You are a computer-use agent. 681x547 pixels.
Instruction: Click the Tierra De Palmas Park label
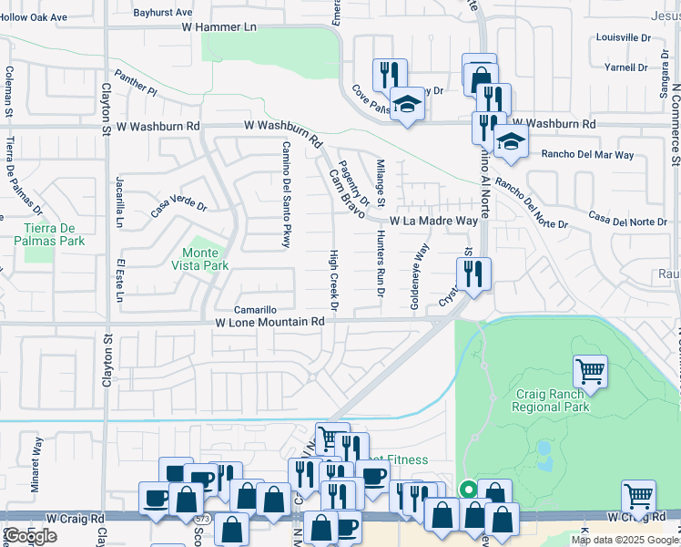click(x=49, y=234)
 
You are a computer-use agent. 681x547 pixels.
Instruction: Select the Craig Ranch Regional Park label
click(x=552, y=399)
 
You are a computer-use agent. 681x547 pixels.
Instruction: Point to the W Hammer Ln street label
click(x=220, y=27)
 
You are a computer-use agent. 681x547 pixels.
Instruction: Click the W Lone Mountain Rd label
click(x=269, y=322)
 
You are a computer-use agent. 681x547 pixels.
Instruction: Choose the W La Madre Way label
click(x=434, y=222)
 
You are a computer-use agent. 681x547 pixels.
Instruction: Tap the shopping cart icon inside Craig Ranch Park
click(x=590, y=371)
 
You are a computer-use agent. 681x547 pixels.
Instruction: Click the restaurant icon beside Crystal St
click(x=473, y=273)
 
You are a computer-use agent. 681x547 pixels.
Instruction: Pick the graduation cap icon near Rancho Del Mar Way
click(x=511, y=142)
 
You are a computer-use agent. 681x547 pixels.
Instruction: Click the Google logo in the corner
click(x=30, y=536)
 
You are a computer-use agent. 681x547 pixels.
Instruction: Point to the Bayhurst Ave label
click(x=163, y=13)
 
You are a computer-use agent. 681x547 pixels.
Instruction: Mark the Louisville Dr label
click(x=624, y=38)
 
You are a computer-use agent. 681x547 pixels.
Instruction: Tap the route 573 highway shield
click(x=199, y=519)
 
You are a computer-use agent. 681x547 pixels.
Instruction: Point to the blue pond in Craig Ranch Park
click(x=545, y=449)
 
